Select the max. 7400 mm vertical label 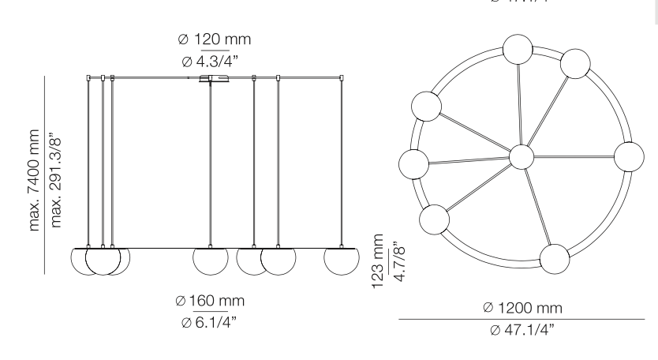tap(36, 174)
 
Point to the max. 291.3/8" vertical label tap(56, 174)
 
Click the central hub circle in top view tap(522, 156)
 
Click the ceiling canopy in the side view tap(214, 79)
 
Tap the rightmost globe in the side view tap(340, 259)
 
